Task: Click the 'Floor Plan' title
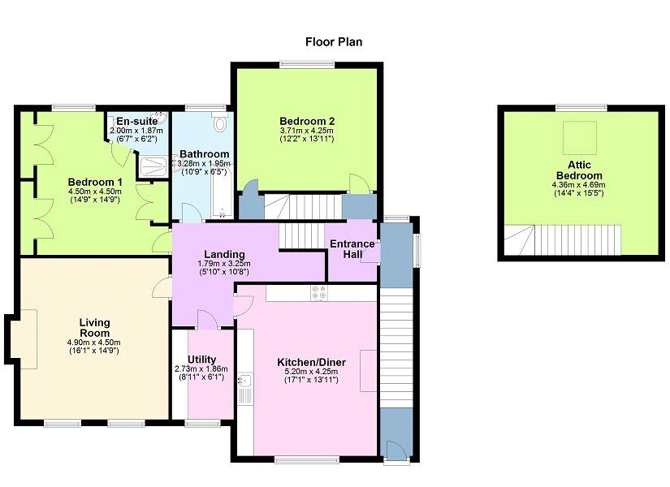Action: click(x=334, y=42)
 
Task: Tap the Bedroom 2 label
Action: click(x=307, y=121)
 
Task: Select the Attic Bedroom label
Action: click(x=579, y=170)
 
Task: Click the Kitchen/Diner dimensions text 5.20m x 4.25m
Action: click(x=311, y=371)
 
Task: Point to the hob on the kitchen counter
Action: click(x=319, y=293)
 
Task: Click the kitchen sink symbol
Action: click(x=245, y=380)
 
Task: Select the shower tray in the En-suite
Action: click(x=153, y=166)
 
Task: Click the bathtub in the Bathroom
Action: click(x=222, y=193)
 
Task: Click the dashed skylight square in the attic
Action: click(x=579, y=137)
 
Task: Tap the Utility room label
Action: click(x=201, y=360)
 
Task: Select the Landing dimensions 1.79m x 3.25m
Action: click(x=224, y=264)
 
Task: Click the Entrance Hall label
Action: click(x=352, y=249)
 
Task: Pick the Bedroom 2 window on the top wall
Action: click(x=307, y=64)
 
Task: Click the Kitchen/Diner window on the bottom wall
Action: click(x=307, y=459)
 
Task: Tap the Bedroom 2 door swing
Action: click(x=359, y=183)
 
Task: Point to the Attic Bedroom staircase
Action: click(x=562, y=240)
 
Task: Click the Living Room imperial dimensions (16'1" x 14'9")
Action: click(x=94, y=351)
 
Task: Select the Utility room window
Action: click(x=202, y=423)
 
